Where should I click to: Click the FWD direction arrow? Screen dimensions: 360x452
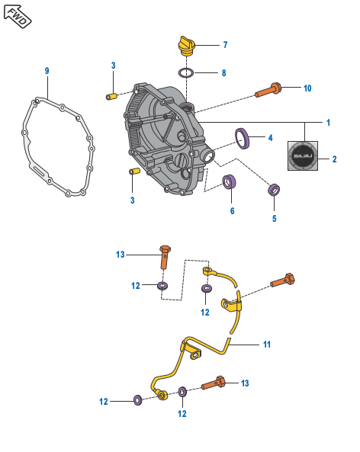[18, 17]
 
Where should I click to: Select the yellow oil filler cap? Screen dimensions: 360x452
[186, 46]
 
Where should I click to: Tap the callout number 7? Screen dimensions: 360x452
[225, 45]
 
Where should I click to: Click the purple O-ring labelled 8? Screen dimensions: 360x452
[186, 72]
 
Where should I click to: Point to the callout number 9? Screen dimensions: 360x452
[47, 71]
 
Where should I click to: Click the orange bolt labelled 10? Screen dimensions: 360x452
[268, 90]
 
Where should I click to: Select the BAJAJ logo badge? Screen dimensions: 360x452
[303, 156]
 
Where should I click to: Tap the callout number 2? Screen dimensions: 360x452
[334, 159]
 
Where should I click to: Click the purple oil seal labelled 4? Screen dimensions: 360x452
[242, 139]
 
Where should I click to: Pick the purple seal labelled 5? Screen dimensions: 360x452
[274, 190]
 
